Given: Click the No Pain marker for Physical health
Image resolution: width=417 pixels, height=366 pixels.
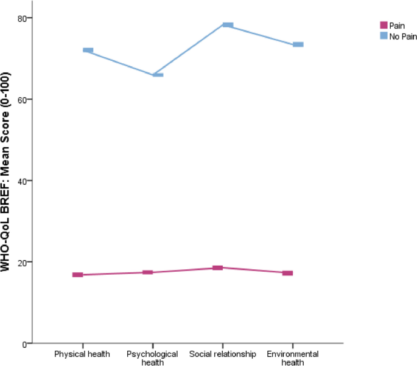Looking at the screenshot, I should tap(88, 50).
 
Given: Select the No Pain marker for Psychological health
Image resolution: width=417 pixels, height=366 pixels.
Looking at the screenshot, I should tap(158, 75).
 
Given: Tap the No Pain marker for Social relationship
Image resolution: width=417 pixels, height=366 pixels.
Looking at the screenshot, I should tap(228, 25).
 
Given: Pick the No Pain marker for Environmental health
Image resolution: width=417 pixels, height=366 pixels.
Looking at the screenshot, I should tap(298, 44).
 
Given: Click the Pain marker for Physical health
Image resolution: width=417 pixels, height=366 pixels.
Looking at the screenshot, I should tap(77, 275).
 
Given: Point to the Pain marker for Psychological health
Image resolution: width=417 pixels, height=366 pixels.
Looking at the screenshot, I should tap(147, 272).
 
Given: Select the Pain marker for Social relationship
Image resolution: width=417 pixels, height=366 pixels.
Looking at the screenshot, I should tap(217, 268).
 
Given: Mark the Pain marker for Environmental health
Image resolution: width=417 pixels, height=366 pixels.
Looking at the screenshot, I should tap(287, 273).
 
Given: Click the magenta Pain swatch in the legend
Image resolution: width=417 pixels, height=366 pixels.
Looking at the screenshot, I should tap(384, 25).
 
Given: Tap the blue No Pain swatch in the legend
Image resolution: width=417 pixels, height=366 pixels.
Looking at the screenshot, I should tap(384, 36).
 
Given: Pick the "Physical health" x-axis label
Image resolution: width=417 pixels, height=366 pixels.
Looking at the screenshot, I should tap(83, 354).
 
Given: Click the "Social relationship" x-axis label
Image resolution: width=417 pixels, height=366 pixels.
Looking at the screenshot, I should tap(222, 354).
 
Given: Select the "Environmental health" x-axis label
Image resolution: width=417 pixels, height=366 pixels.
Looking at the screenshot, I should tap(292, 358).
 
